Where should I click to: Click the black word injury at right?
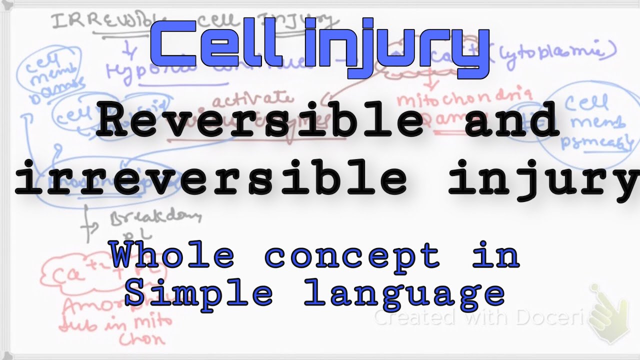pos(542,180)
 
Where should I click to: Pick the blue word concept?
pos(352,256)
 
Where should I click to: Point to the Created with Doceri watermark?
pos(480,317)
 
